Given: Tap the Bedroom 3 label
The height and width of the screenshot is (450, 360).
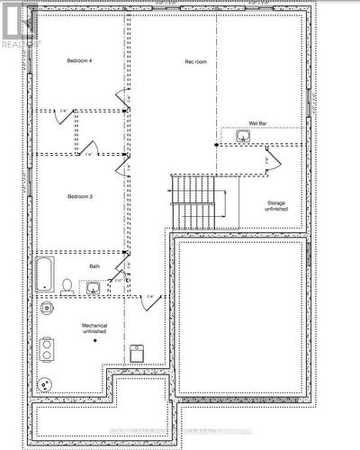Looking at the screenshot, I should (79, 195).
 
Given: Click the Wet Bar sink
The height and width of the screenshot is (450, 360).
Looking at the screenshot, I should (243, 136).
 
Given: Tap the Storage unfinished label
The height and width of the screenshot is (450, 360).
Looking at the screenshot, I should (276, 206).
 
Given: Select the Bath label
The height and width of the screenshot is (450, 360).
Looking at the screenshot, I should (94, 266).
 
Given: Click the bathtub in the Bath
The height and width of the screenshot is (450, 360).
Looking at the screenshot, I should (45, 274).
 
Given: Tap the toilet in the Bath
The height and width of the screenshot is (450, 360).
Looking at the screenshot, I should (67, 286).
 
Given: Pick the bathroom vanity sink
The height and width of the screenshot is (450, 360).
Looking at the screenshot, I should (94, 288).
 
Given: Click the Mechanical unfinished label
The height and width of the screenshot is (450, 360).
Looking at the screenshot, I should (94, 328).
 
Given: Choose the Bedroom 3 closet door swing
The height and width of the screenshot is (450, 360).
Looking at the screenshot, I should (89, 146).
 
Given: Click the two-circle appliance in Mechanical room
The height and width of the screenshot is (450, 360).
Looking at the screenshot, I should (47, 346).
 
